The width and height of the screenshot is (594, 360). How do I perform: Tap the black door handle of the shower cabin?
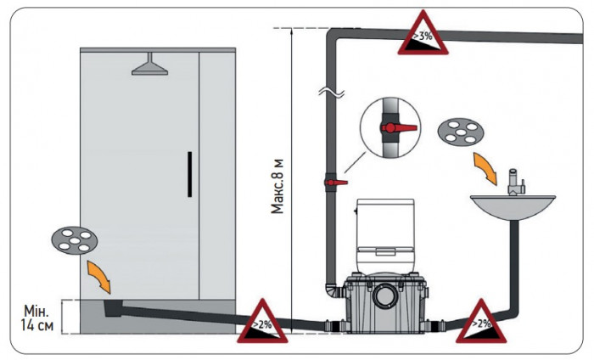189,174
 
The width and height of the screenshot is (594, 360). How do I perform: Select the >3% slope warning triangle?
423,35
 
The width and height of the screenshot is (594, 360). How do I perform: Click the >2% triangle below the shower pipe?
262,322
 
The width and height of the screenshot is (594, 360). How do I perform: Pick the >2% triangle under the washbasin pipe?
481,322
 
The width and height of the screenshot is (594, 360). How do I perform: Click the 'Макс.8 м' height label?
277,186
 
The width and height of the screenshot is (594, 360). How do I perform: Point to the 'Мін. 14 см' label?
36,318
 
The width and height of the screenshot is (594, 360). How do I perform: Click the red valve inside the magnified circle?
399,127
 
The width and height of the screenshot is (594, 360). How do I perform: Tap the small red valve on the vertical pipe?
336,183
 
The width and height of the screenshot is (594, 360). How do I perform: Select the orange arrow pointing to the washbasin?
485,169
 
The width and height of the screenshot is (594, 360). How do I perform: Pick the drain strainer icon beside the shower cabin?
75,240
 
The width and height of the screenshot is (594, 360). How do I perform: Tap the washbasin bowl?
513,208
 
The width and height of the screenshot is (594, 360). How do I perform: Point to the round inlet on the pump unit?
385,296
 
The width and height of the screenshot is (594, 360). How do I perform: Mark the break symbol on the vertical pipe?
331,93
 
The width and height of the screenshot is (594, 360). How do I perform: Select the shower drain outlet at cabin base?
113,307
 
